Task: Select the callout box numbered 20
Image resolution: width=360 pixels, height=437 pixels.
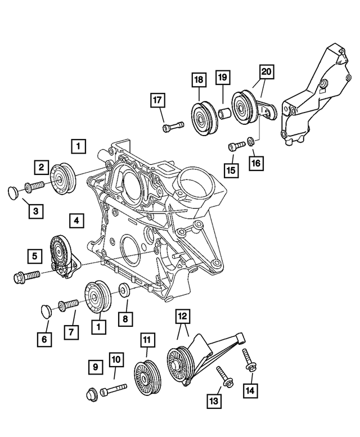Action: click(x=266, y=71)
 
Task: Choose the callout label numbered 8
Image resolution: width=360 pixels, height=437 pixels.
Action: click(x=125, y=319)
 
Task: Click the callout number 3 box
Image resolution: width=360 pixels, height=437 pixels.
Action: click(x=35, y=211)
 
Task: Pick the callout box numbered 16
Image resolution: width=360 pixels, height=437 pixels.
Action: click(x=256, y=163)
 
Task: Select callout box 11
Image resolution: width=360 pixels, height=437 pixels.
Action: click(x=147, y=339)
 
